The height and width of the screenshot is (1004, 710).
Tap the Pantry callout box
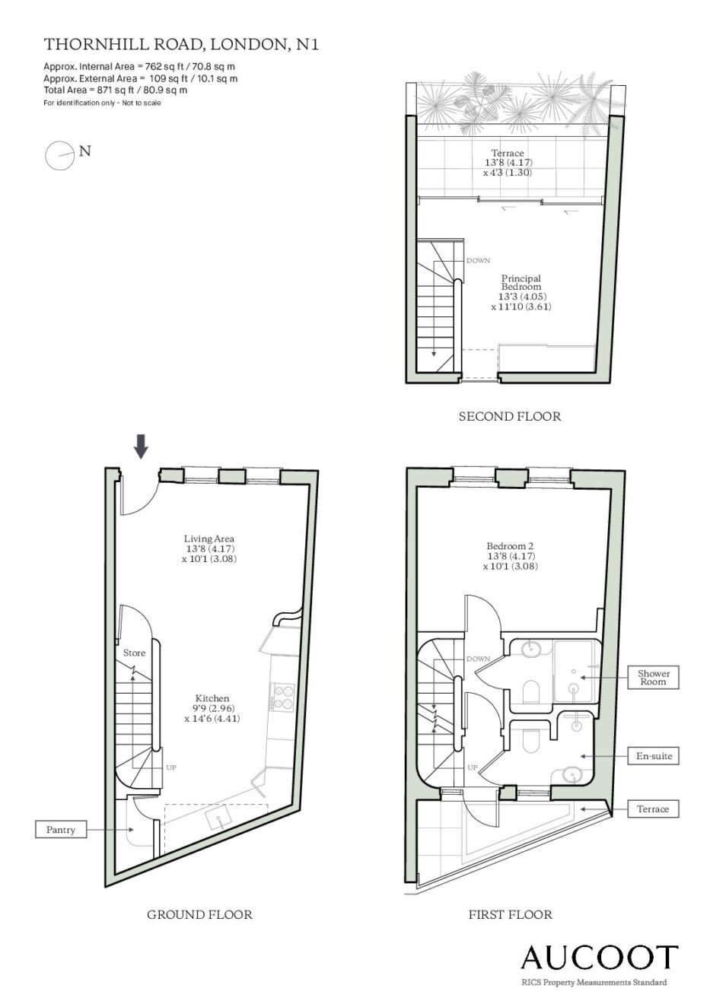61,830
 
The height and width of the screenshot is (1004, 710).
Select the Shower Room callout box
653,677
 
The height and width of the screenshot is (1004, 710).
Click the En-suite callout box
653,756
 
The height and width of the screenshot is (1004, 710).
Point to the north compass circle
59,156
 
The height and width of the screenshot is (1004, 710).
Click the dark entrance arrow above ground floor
142,446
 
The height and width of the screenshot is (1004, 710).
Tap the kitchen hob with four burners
282,697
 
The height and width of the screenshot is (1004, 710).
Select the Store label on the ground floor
134,653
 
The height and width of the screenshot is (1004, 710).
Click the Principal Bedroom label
521,282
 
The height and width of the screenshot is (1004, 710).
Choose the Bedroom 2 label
510,546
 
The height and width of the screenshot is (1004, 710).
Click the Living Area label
209,539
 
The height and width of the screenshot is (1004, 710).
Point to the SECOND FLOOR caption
510,416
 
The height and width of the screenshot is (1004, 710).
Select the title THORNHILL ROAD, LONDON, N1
181,44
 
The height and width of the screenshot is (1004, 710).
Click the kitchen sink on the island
219,820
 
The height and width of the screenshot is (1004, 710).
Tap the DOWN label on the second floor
478,260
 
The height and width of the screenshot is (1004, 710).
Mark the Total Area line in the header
115,90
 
